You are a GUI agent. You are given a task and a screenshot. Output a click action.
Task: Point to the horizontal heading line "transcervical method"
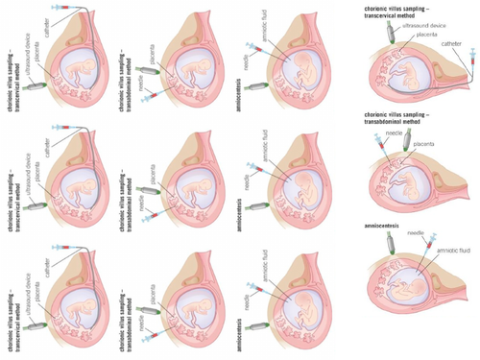click(394, 12)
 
